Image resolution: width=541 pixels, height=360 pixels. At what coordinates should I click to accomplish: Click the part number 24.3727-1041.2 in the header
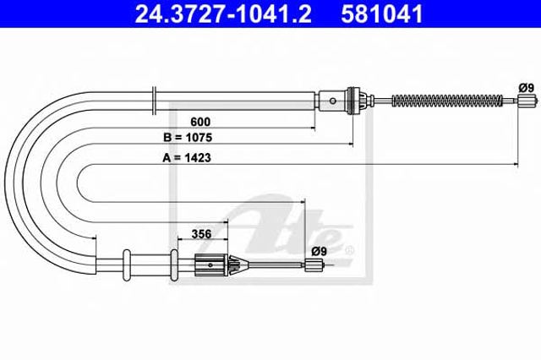(x=223, y=14)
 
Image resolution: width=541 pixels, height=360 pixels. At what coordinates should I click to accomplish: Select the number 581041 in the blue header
(x=381, y=14)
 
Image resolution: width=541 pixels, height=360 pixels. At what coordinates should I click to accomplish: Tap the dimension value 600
(x=200, y=122)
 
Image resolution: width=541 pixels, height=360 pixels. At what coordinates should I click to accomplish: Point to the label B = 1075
(x=188, y=138)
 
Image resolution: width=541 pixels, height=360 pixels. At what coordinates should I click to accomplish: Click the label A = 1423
(x=187, y=158)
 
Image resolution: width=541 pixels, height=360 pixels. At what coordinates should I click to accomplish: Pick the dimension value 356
(x=201, y=234)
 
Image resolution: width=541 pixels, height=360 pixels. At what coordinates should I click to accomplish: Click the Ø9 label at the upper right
(x=526, y=88)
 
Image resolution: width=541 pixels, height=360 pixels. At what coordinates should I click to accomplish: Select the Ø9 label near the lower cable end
(x=319, y=252)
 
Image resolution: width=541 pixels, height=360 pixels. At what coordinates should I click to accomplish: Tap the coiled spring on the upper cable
(x=447, y=101)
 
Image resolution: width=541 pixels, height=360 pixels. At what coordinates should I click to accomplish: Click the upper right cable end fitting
(x=527, y=101)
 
